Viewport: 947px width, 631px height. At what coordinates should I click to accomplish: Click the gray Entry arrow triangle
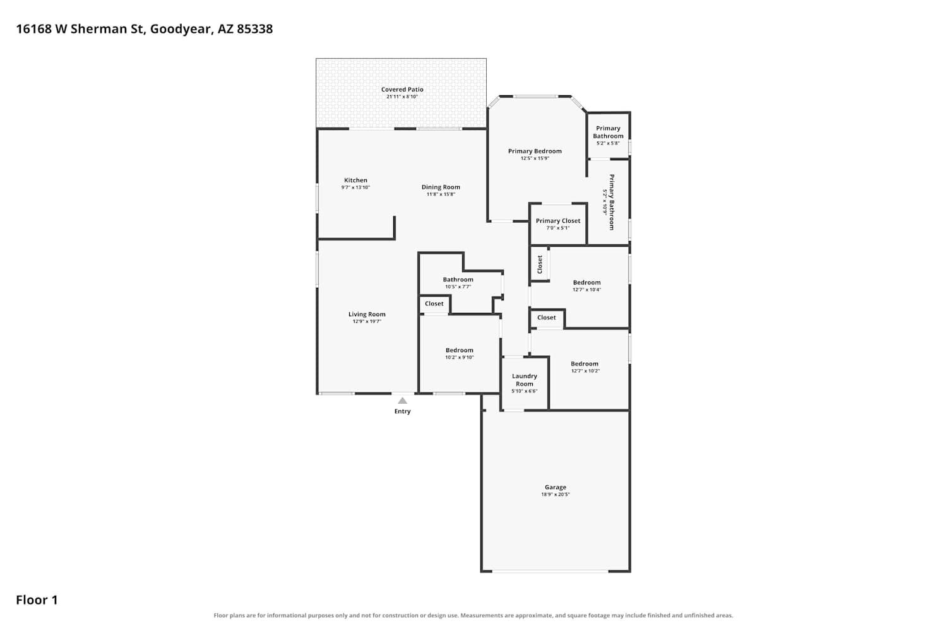point(403,401)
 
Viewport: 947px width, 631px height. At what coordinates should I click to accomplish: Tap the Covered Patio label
point(402,89)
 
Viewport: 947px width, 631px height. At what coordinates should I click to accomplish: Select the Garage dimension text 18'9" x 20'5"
point(556,494)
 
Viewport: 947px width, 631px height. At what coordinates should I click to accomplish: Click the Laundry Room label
point(524,379)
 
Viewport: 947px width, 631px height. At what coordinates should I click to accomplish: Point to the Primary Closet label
point(558,221)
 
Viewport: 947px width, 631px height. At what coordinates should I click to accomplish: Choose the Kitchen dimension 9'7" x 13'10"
point(355,187)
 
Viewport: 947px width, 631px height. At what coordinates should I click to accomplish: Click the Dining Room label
point(441,187)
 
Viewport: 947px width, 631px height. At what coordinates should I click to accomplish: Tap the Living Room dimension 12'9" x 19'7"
point(367,321)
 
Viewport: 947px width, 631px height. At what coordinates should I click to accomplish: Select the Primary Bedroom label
point(535,151)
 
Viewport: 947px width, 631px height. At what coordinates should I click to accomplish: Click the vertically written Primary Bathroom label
point(611,202)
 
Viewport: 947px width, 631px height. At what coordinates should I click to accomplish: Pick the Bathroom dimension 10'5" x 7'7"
point(458,286)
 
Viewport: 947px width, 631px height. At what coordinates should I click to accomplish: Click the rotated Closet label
point(539,264)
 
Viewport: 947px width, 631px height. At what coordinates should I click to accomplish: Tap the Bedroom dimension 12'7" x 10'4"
point(587,290)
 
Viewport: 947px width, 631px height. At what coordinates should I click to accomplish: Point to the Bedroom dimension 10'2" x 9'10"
point(460,357)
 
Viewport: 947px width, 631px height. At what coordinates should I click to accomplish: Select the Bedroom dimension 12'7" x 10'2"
point(585,370)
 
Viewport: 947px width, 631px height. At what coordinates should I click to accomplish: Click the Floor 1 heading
point(37,599)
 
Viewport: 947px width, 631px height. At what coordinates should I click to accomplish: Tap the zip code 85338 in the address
point(255,29)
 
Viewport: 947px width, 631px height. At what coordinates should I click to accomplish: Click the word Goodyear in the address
point(181,29)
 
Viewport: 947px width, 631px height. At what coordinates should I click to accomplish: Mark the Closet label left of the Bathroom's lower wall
point(434,304)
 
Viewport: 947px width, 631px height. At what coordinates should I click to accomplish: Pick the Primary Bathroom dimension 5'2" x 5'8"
point(608,143)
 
